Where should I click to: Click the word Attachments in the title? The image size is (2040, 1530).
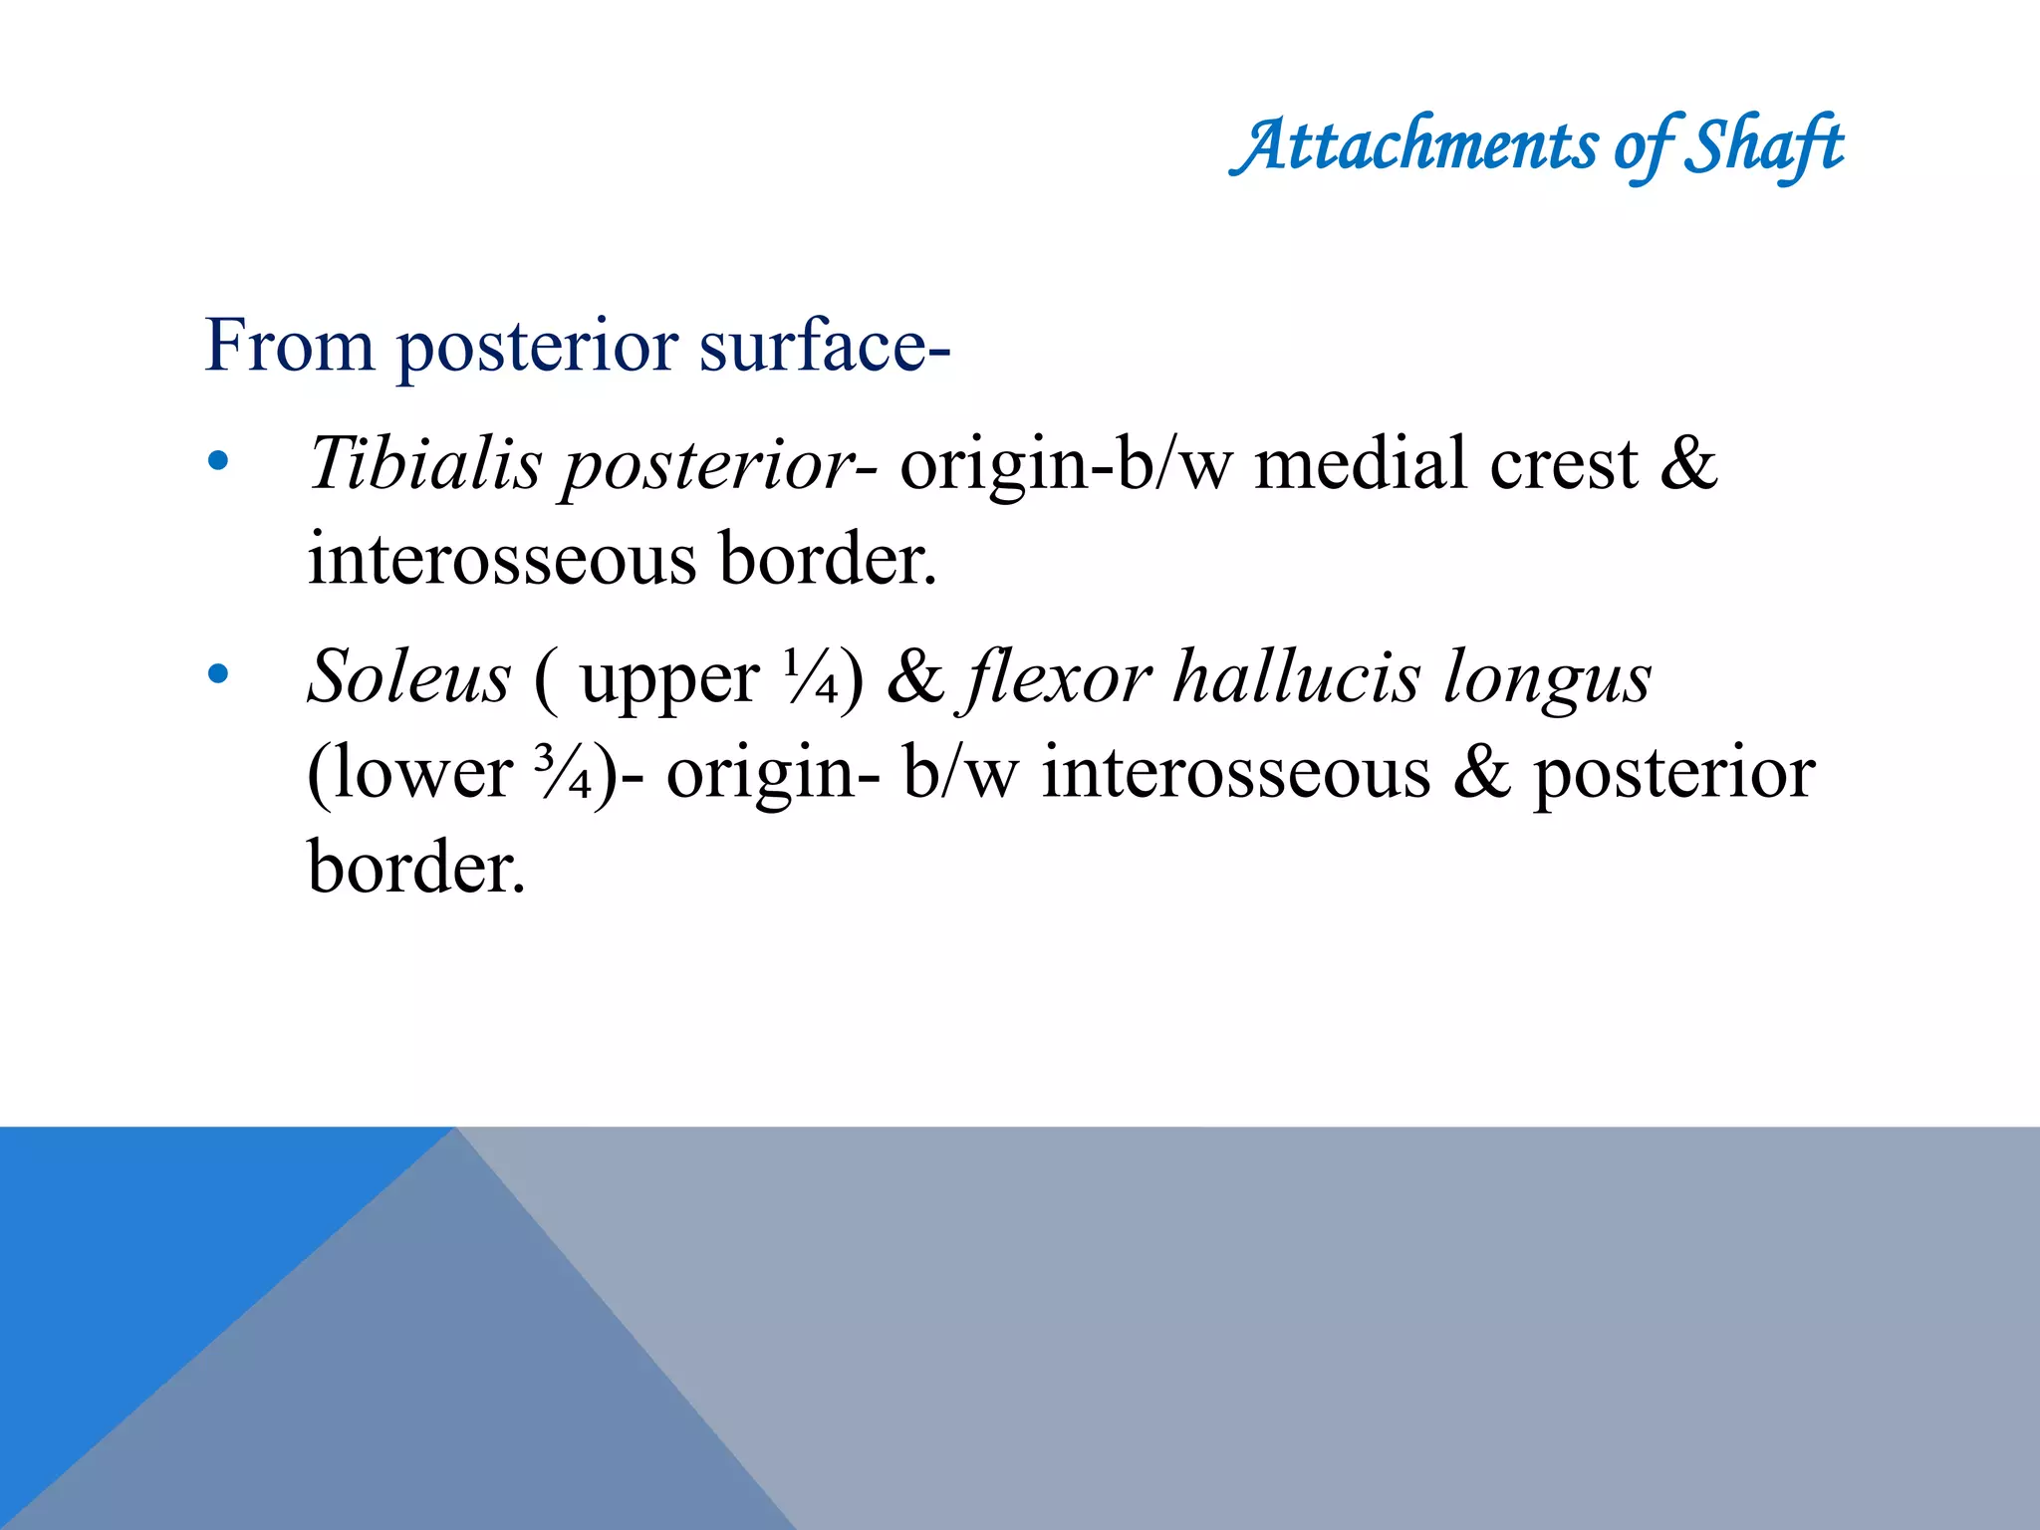point(1414,147)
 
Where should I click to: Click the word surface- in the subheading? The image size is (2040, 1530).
point(825,346)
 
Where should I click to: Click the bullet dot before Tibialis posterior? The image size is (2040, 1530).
point(218,461)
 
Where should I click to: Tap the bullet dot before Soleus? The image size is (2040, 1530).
point(218,674)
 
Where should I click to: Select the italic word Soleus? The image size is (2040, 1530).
point(409,677)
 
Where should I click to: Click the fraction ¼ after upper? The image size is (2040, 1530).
point(810,677)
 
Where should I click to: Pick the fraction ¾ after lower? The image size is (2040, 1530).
point(563,772)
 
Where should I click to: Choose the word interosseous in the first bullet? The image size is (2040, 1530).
point(502,559)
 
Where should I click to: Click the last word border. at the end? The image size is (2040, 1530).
point(415,867)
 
